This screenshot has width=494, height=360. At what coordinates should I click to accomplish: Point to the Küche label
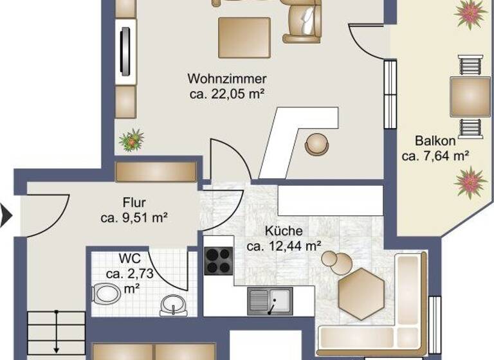pyautogui.click(x=284, y=231)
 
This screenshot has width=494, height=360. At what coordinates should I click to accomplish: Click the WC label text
pyautogui.click(x=129, y=260)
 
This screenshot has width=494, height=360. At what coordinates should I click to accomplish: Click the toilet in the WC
pyautogui.click(x=105, y=294)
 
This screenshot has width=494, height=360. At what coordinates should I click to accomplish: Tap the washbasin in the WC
pyautogui.click(x=172, y=304)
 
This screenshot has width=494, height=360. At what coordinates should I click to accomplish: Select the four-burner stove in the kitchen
pyautogui.click(x=218, y=260)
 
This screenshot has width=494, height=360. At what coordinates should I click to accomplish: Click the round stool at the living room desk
pyautogui.click(x=316, y=143)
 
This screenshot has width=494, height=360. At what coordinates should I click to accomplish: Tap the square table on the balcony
pyautogui.click(x=470, y=96)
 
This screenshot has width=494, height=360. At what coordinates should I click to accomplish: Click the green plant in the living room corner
pyautogui.click(x=131, y=139)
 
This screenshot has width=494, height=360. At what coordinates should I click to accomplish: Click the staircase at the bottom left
pyautogui.click(x=57, y=334)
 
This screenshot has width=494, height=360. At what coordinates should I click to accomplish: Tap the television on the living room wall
pyautogui.click(x=126, y=52)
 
